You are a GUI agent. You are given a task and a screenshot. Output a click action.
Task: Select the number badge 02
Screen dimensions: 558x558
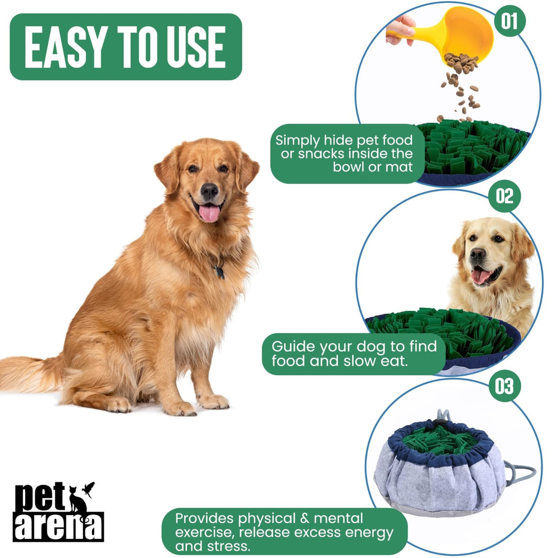(504, 196)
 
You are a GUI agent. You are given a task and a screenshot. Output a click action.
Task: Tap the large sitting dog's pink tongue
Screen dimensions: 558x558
(209, 213)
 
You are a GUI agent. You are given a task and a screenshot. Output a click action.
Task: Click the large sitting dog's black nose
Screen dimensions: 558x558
(209, 191)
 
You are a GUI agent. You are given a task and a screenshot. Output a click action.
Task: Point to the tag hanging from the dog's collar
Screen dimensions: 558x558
(219, 272)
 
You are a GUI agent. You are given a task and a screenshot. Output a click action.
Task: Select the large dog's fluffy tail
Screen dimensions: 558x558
(28, 373)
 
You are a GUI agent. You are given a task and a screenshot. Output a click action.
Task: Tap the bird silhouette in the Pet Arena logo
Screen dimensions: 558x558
(88, 489)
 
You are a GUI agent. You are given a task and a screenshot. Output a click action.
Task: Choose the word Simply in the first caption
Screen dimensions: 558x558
(296, 141)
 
